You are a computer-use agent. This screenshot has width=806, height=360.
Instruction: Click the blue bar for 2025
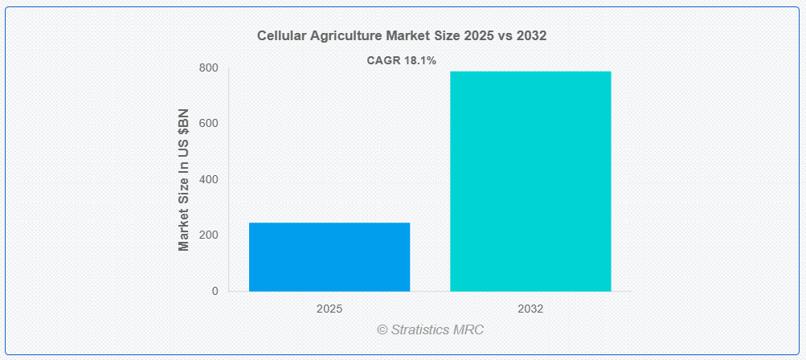(329, 256)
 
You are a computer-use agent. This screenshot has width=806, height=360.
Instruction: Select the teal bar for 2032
(530, 181)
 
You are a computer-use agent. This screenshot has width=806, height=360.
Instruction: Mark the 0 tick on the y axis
(215, 291)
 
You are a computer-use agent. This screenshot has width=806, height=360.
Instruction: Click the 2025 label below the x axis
(329, 309)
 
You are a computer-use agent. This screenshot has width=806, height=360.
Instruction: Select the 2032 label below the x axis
(530, 309)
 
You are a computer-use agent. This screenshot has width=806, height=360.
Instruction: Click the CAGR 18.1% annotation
(402, 60)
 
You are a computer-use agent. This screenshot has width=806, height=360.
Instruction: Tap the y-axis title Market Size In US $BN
(183, 180)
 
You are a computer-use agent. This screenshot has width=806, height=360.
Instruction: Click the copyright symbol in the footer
(383, 329)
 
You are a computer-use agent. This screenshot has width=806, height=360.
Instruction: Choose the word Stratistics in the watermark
(420, 329)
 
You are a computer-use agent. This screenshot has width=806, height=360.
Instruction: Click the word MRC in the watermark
(468, 329)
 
